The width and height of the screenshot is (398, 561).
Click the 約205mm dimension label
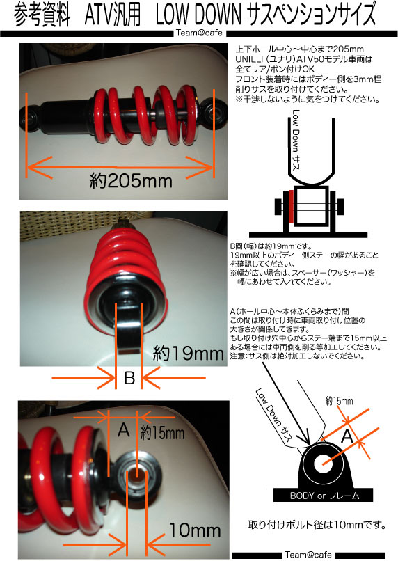131,181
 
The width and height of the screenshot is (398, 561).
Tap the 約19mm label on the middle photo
189,354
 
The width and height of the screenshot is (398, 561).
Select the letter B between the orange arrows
129,378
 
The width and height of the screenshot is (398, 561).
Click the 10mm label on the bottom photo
195,530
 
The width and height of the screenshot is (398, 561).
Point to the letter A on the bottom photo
123,429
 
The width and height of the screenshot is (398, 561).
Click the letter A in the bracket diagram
347,436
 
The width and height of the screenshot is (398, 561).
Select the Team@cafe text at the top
199,33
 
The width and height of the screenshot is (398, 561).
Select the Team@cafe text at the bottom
308,555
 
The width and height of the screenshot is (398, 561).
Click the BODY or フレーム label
325,496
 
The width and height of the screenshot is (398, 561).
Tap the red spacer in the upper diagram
292,206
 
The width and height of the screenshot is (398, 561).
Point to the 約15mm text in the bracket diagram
339,401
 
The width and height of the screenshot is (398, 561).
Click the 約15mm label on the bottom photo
162,433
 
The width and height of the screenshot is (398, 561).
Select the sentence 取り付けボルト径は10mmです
317,525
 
